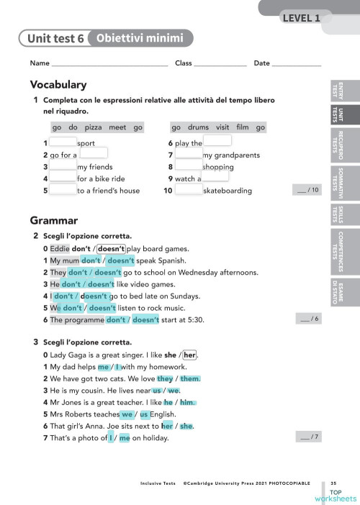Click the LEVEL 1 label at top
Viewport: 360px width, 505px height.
point(301,18)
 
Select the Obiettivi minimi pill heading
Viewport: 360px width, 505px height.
point(140,38)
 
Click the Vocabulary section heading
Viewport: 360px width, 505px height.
point(58,85)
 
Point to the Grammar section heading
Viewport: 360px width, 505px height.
point(54,219)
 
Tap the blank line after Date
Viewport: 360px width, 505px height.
point(297,64)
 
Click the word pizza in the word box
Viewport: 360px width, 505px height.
point(93,127)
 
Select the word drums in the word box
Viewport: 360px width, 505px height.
point(198,127)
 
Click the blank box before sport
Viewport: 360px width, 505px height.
point(63,142)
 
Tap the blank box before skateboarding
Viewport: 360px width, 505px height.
point(189,191)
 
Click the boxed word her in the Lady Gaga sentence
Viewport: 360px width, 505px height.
point(190,355)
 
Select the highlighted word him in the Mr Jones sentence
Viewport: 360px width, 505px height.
point(187,402)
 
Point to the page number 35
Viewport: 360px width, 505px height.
point(333,483)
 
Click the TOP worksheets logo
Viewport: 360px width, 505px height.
point(335,495)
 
